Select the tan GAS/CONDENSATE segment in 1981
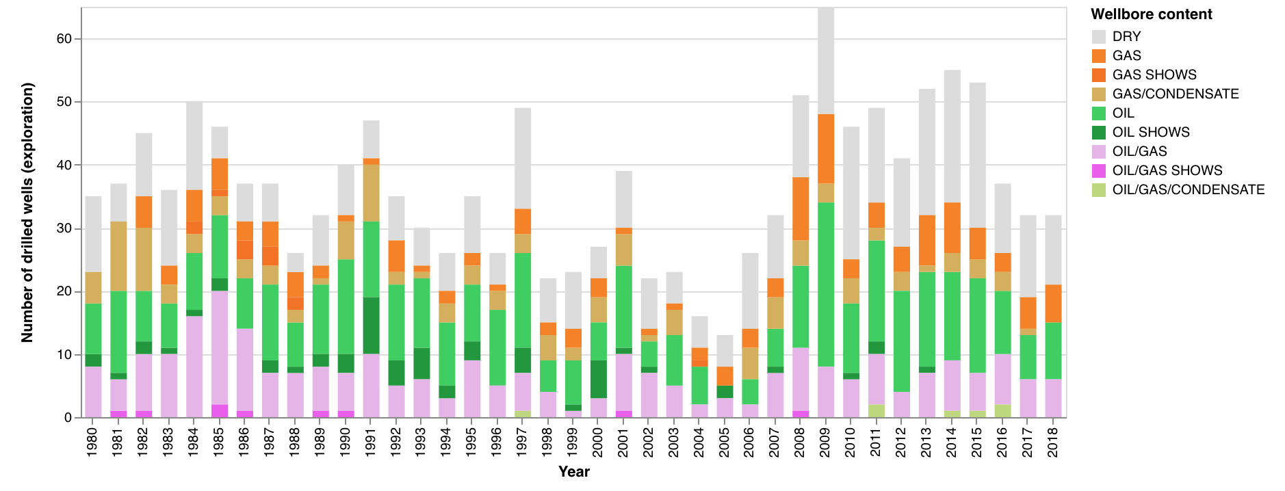click(118, 256)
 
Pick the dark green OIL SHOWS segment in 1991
click(371, 326)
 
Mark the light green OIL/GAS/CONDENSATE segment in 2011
click(877, 411)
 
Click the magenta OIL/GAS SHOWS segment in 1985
click(220, 411)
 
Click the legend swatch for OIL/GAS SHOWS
click(1099, 171)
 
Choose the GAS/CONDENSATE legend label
click(1175, 94)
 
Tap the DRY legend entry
click(1126, 36)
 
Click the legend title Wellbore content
click(1151, 14)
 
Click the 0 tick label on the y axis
click(68, 418)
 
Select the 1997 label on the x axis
click(522, 442)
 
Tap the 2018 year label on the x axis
click(1053, 442)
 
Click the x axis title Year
click(573, 472)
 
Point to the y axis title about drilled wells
click(27, 212)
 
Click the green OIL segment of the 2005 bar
click(725, 392)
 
